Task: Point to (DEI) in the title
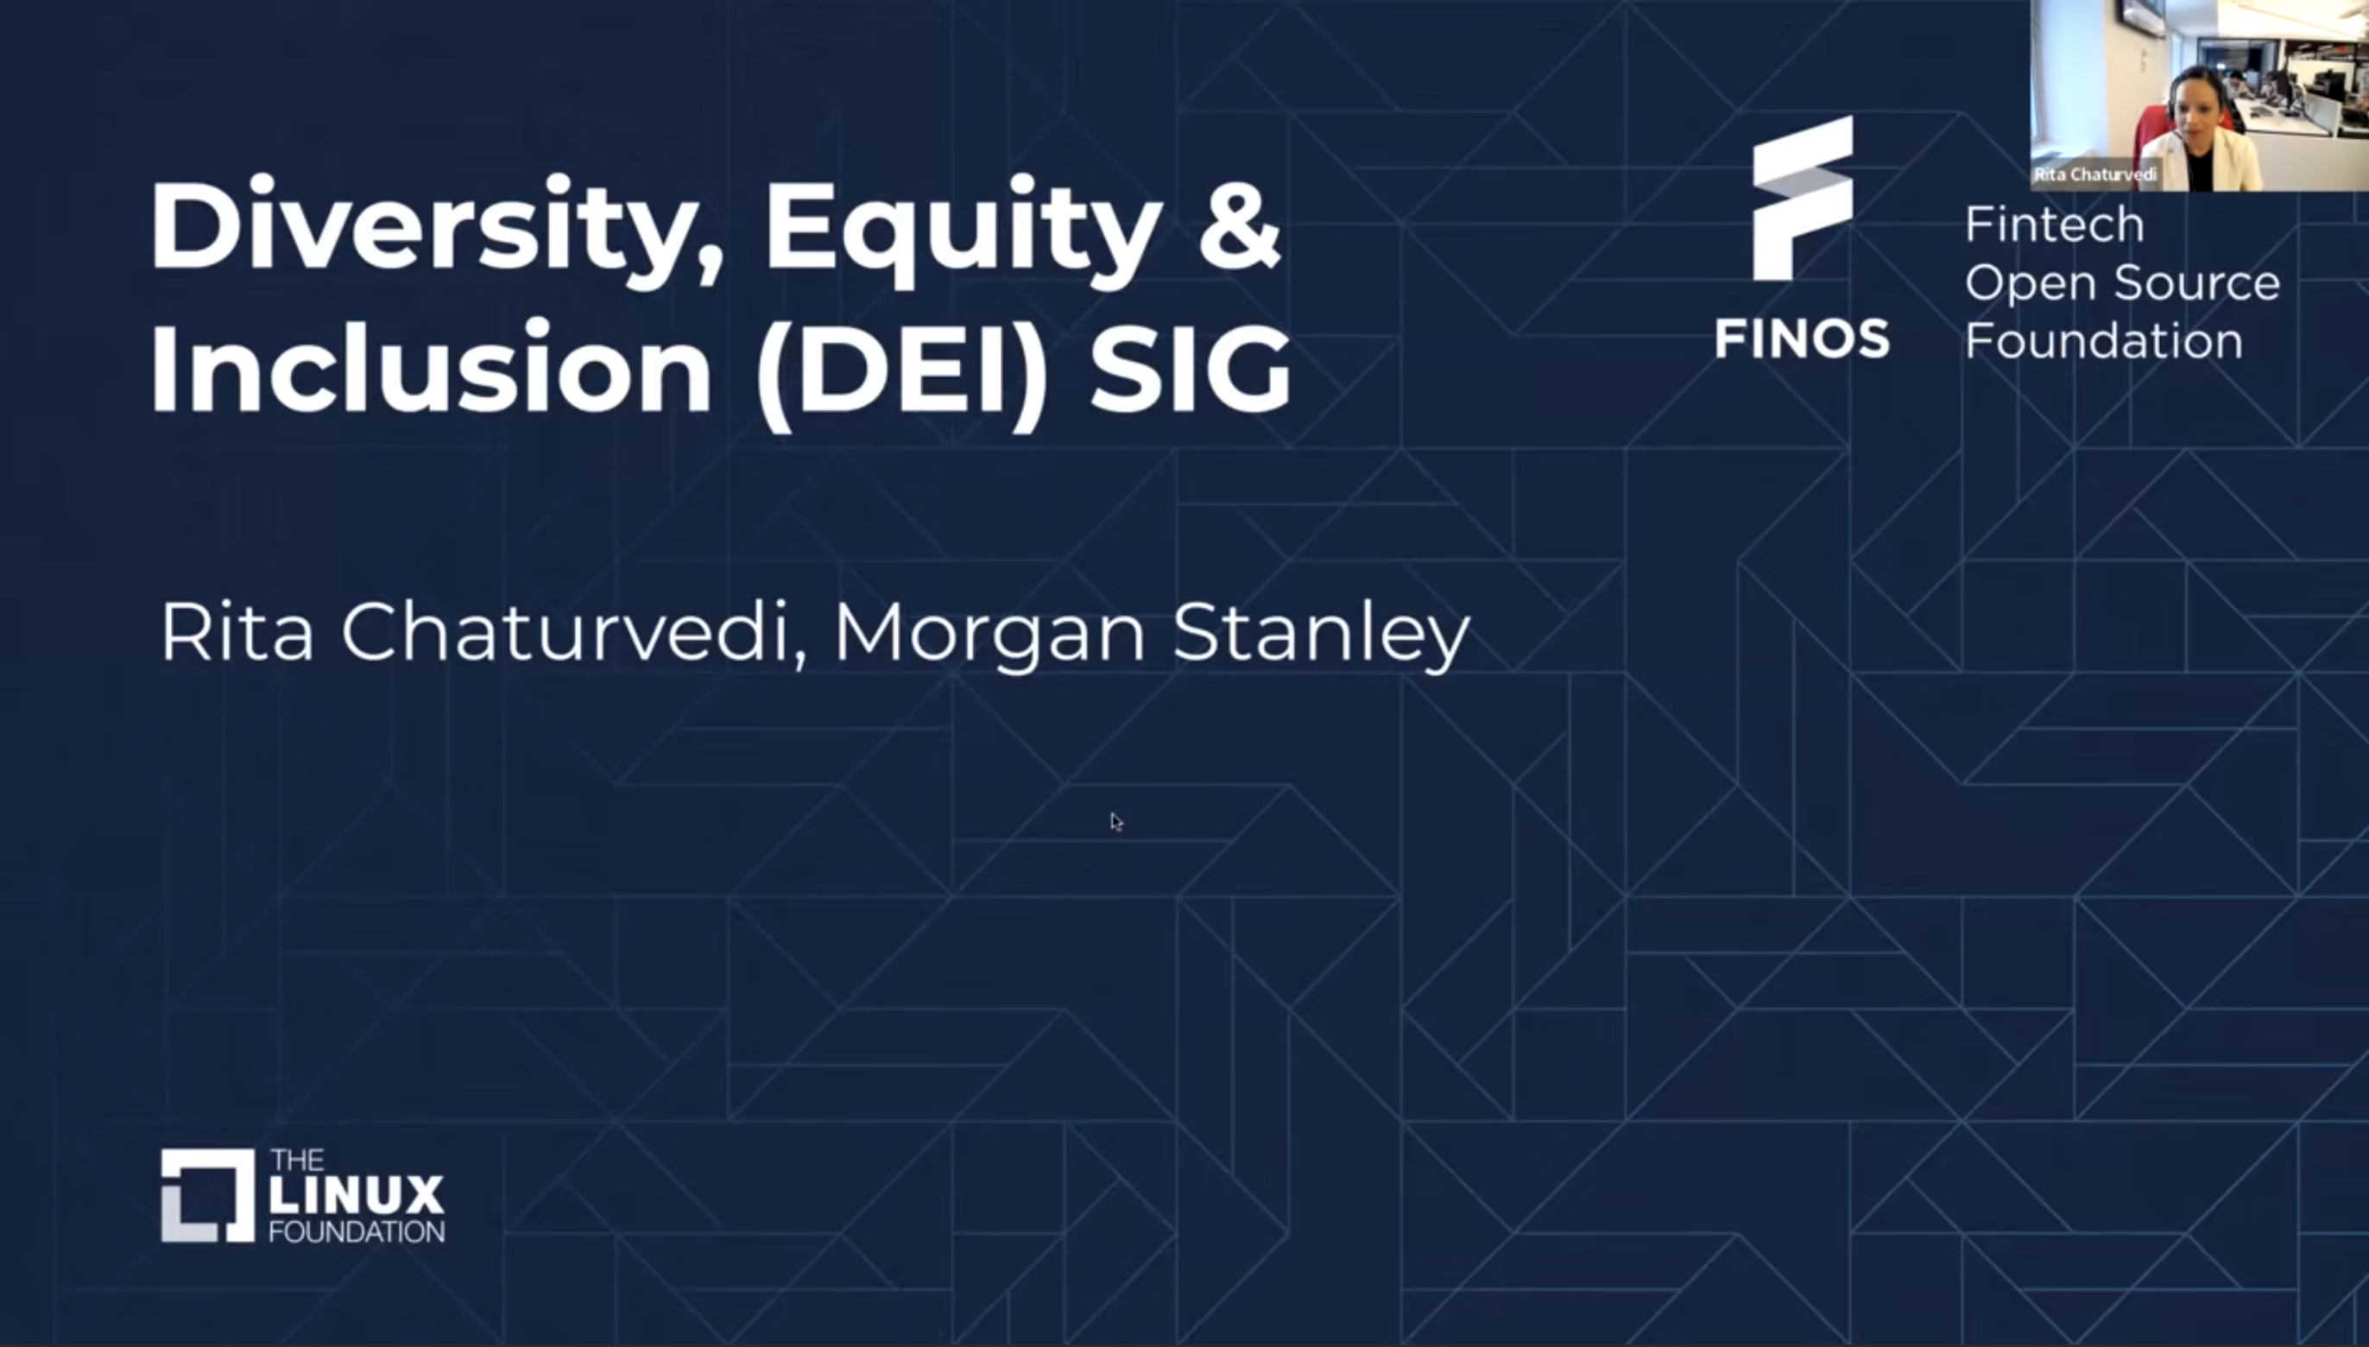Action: tap(902, 370)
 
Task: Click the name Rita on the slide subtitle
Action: tap(237, 633)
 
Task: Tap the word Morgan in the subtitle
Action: tap(989, 633)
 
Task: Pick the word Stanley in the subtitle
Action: tap(1321, 633)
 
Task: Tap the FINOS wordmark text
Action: tap(1802, 338)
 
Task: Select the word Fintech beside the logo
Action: tap(2054, 224)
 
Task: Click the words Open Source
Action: tap(2122, 283)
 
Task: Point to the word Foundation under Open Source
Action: tap(2103, 341)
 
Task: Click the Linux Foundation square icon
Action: tap(207, 1195)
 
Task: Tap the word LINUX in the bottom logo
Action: tap(357, 1194)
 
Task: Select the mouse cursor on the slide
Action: tap(1115, 821)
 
